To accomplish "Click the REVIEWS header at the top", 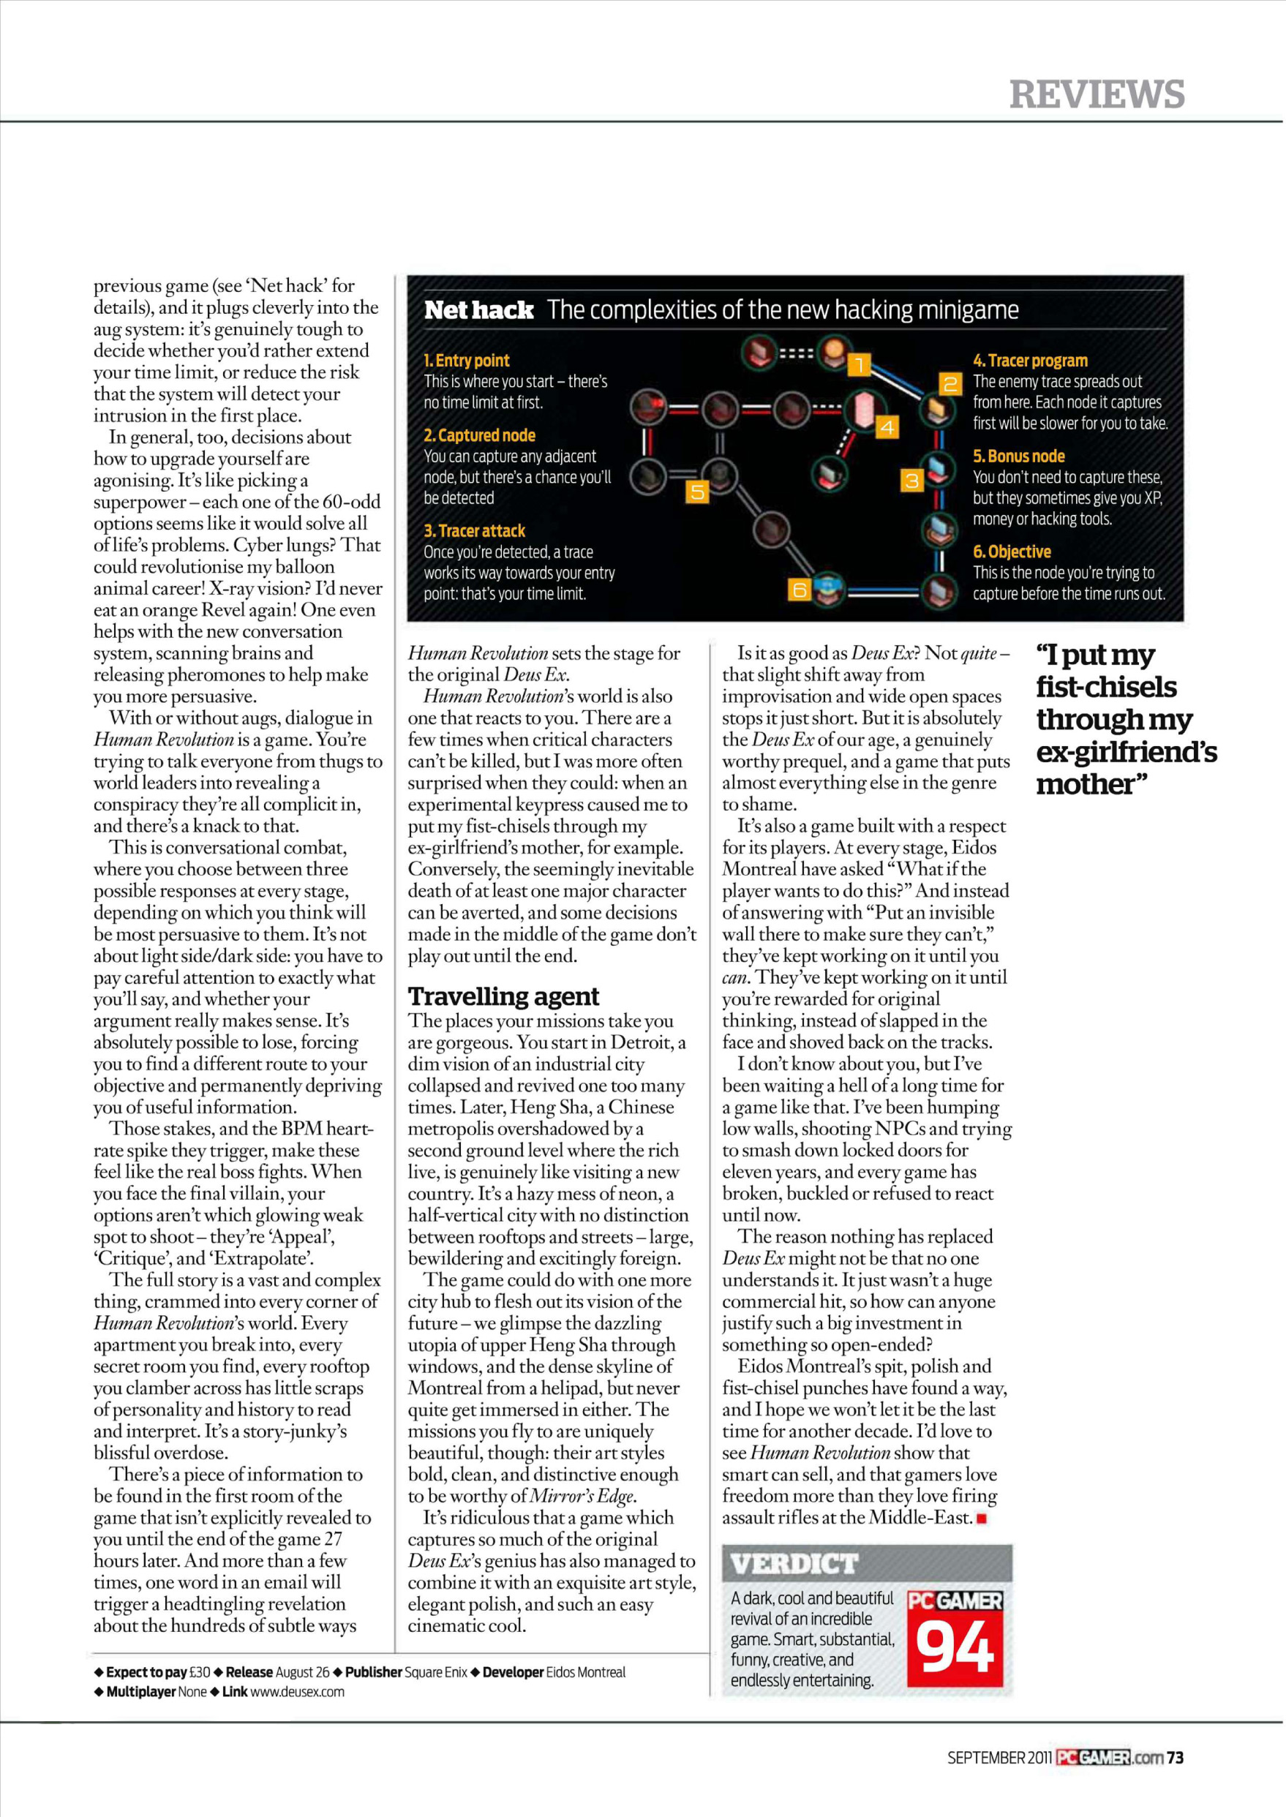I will (x=1096, y=94).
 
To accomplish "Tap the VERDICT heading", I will (x=794, y=1564).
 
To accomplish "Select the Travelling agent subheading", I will (x=503, y=996).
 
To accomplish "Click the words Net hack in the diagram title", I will (x=478, y=309).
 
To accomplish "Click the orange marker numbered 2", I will (x=950, y=384).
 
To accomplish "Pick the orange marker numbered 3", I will (x=911, y=481).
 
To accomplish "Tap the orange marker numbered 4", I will (x=887, y=427).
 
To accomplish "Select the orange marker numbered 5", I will (x=697, y=492).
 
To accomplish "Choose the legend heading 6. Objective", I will (x=1011, y=552).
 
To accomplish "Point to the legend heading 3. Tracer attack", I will (x=474, y=530).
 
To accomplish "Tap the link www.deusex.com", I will (x=297, y=1692).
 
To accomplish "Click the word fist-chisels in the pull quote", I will (x=1105, y=687).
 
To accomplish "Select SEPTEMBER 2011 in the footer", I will (x=999, y=1758).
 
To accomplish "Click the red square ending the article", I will (x=982, y=1519).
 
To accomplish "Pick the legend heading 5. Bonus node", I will (x=1018, y=456).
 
